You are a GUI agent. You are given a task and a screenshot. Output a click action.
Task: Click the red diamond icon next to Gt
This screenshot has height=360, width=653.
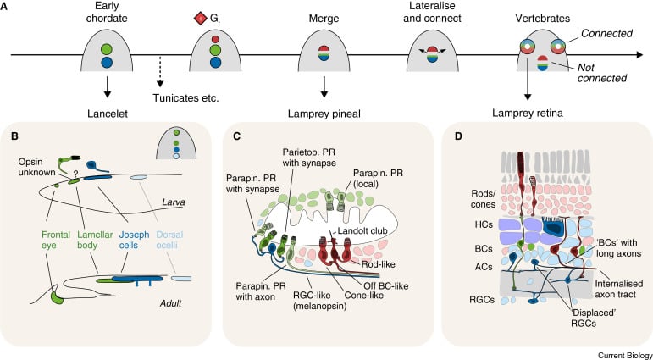(x=199, y=18)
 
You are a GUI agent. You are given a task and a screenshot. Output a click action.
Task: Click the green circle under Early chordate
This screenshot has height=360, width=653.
(x=107, y=47)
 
